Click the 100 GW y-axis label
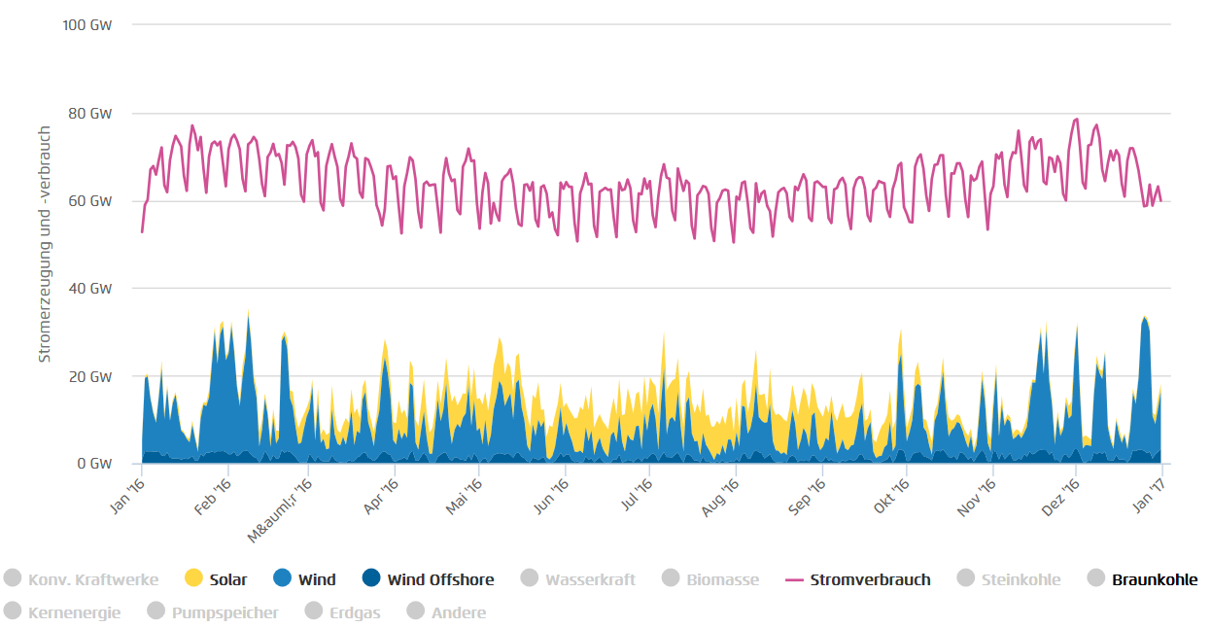point(87,25)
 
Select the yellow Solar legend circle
point(193,579)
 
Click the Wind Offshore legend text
point(440,580)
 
